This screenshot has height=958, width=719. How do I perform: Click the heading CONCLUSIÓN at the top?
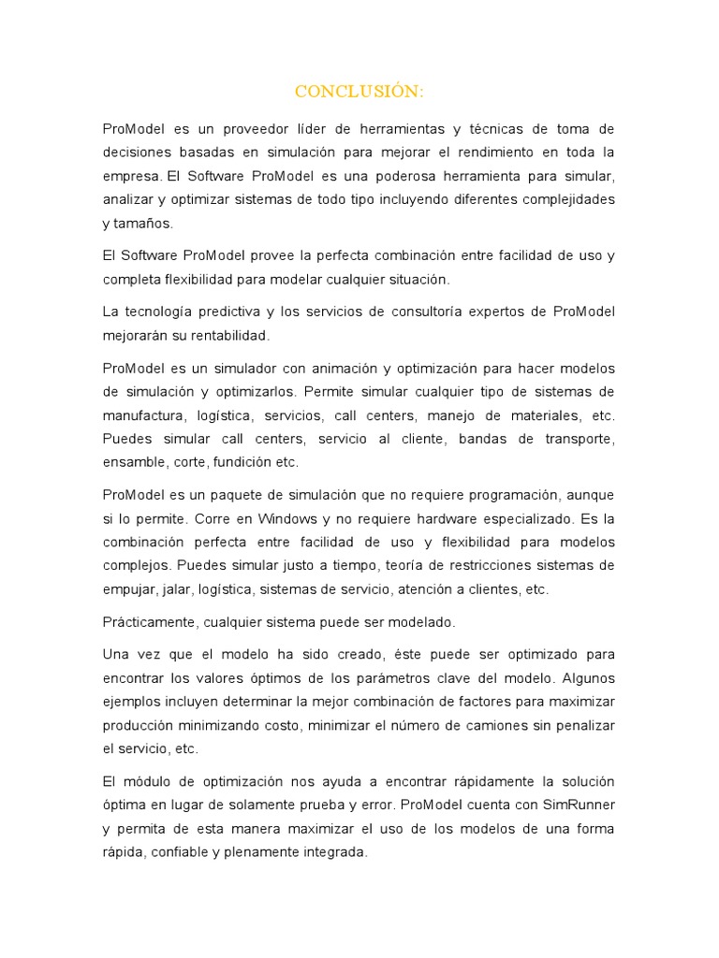pyautogui.click(x=359, y=91)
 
